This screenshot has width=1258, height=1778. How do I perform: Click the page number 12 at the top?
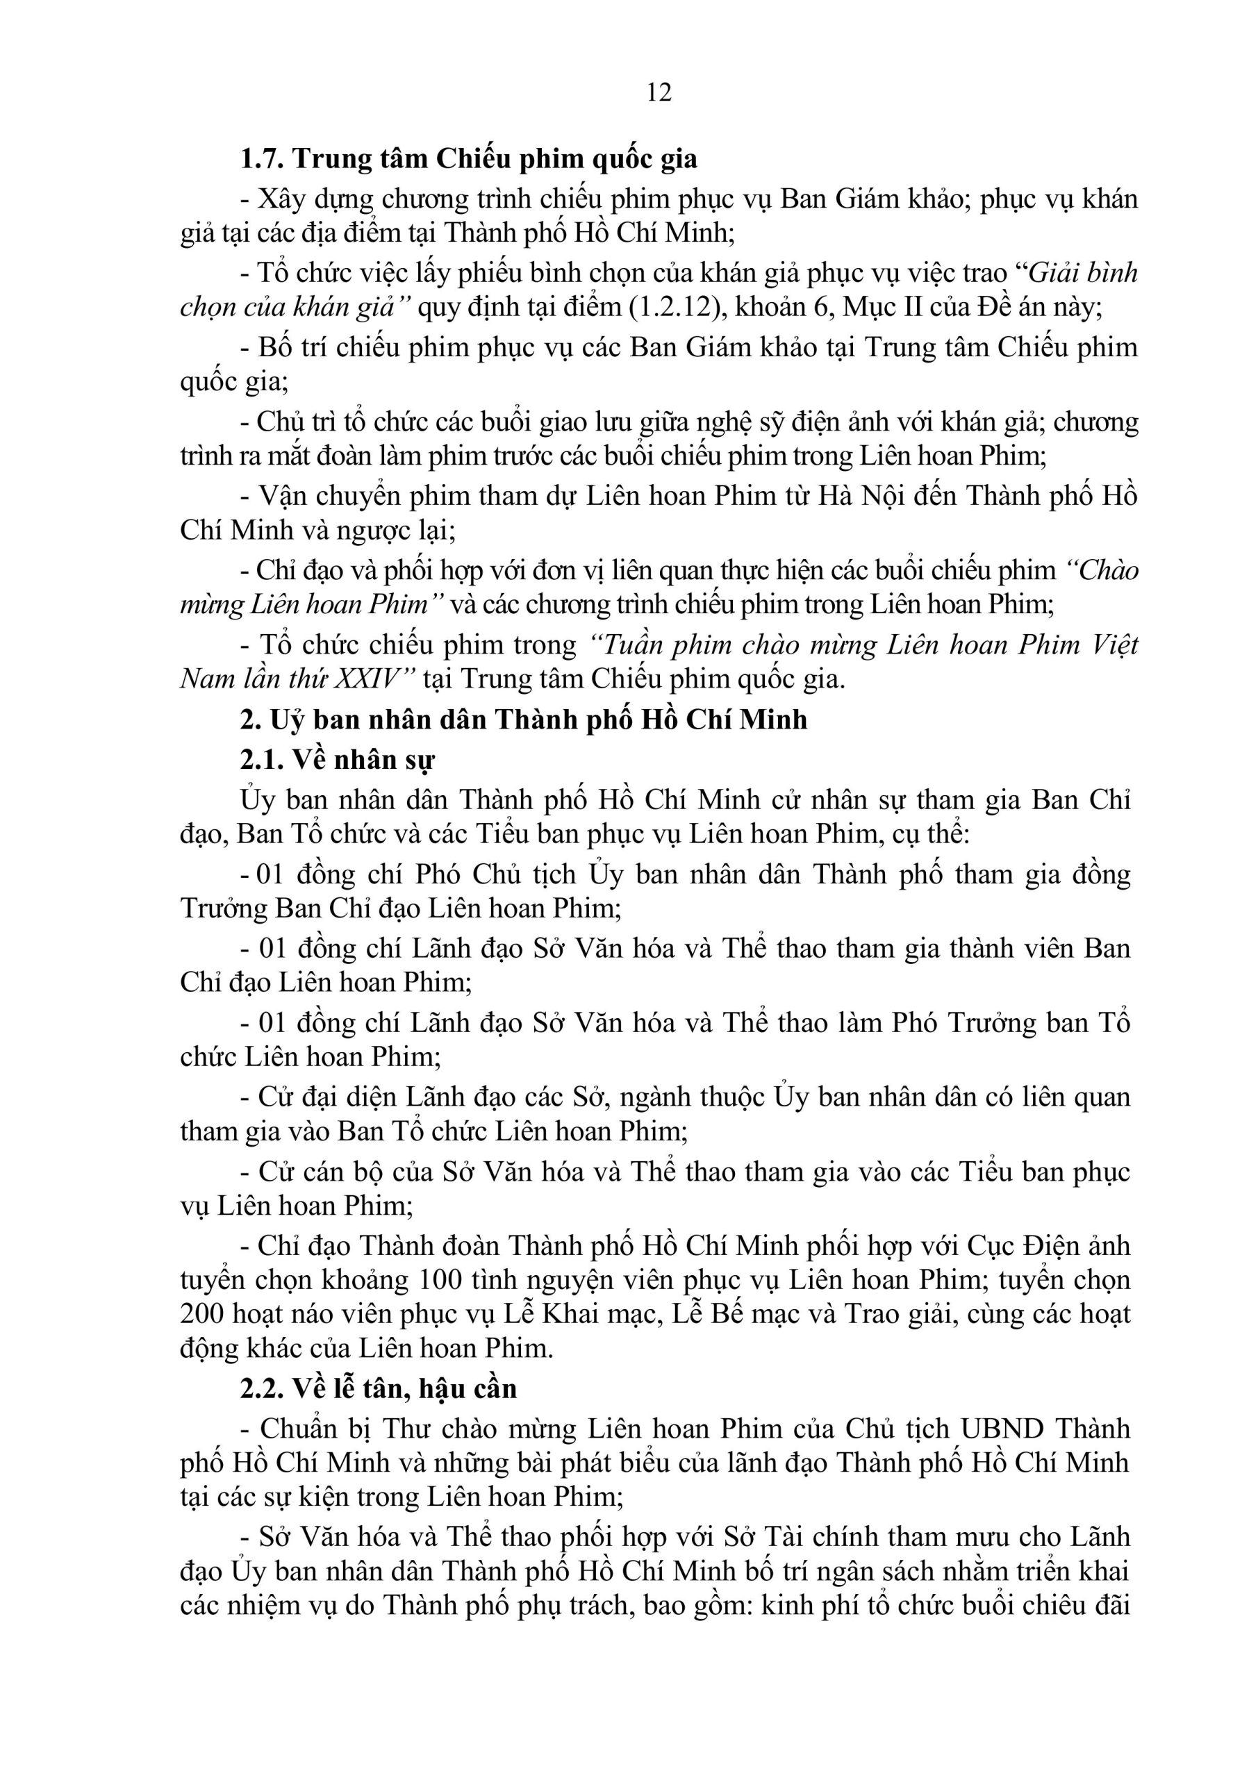659,92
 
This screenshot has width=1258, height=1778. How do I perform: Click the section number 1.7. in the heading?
263,159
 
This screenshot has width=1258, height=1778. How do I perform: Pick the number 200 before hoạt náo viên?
203,1314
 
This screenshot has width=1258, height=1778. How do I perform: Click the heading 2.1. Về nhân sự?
337,760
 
